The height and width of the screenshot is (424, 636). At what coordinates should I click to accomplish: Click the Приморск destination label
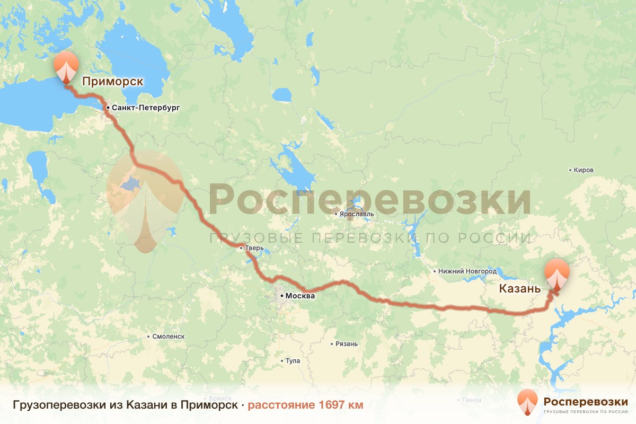point(112,82)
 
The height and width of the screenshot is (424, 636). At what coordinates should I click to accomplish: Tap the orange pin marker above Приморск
point(66,66)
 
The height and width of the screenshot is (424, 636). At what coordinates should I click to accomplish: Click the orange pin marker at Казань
point(557,273)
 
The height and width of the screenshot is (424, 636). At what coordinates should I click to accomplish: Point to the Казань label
point(520,289)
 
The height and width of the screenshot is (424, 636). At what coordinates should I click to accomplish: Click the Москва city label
point(300,296)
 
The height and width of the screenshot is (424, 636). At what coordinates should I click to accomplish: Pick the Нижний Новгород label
point(467,271)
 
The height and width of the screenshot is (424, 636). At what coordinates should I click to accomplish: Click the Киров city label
point(584,170)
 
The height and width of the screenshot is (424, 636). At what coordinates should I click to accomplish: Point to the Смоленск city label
point(168,337)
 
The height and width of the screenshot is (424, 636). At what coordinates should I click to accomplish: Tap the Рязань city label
point(347,344)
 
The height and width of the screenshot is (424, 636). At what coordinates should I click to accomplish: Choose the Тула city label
point(293,361)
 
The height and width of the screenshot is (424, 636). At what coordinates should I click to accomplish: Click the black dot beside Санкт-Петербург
point(108,108)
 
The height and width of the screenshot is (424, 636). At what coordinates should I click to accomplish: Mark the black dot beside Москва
point(281,296)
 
